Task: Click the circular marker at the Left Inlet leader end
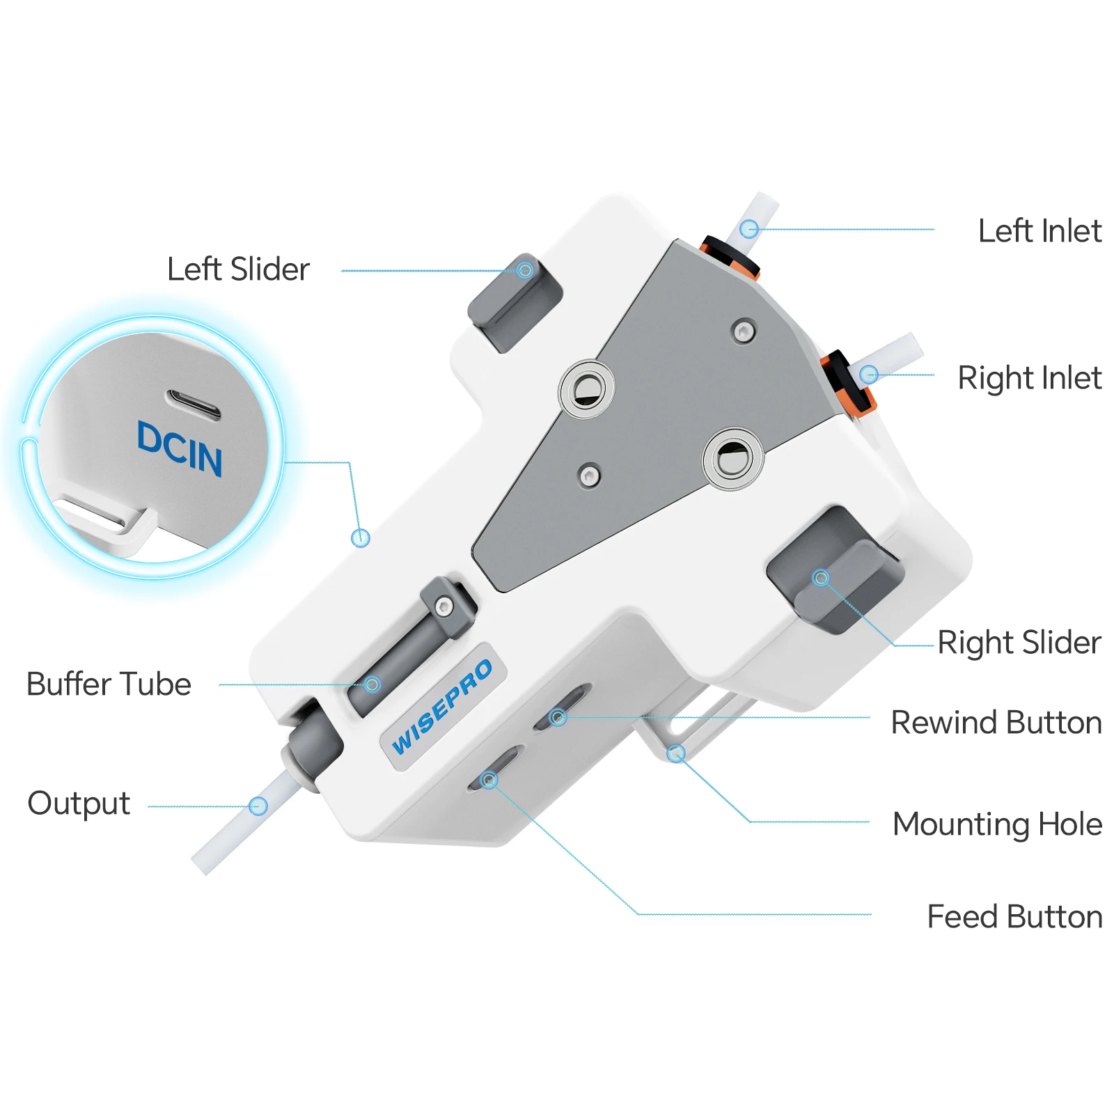748,228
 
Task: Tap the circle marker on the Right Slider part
821,578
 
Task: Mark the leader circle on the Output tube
258,806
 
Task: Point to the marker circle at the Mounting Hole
676,753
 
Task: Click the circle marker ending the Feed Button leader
489,780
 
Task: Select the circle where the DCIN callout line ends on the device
361,538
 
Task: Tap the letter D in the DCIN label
150,437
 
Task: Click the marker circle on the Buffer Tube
372,684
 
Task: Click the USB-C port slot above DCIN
194,405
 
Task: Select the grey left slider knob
515,302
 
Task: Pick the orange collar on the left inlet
730,256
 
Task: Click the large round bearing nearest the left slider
587,389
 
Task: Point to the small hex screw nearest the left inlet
744,331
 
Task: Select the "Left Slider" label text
238,269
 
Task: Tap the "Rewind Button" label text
996,722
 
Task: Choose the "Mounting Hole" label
998,824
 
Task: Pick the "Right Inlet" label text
1030,377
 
